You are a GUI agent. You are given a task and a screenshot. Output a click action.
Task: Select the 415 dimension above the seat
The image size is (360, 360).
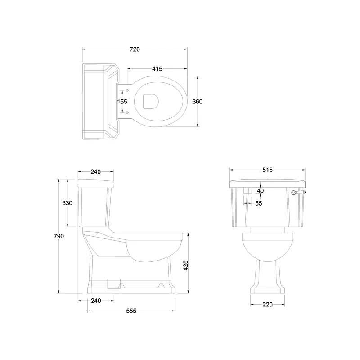click(157, 69)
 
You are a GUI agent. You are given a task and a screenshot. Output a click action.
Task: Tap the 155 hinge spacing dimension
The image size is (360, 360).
click(122, 101)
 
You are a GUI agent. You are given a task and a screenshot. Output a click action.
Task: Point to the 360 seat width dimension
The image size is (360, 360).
click(198, 101)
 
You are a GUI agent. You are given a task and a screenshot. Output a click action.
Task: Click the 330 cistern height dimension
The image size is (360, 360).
click(67, 203)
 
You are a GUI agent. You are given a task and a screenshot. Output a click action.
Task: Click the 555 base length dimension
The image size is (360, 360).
click(131, 311)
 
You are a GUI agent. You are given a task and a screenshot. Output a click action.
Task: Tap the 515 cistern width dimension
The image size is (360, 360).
click(268, 170)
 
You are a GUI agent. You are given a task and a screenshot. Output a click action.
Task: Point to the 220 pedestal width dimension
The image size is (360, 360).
click(267, 305)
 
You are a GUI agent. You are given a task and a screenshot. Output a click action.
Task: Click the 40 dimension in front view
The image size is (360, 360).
click(260, 190)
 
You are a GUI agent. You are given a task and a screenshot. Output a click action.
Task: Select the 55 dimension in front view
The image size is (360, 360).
click(259, 203)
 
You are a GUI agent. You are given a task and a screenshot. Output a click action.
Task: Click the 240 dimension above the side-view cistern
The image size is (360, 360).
click(95, 171)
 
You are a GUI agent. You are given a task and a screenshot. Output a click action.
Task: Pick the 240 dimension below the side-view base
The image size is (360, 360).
click(95, 301)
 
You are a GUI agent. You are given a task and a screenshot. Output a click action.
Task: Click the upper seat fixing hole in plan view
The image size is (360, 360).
click(127, 90)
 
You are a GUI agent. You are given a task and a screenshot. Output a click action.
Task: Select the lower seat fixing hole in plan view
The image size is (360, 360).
click(127, 112)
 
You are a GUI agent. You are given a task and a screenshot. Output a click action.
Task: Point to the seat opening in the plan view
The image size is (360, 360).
click(150, 101)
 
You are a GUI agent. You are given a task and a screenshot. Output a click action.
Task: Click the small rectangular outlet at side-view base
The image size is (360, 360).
click(114, 283)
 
